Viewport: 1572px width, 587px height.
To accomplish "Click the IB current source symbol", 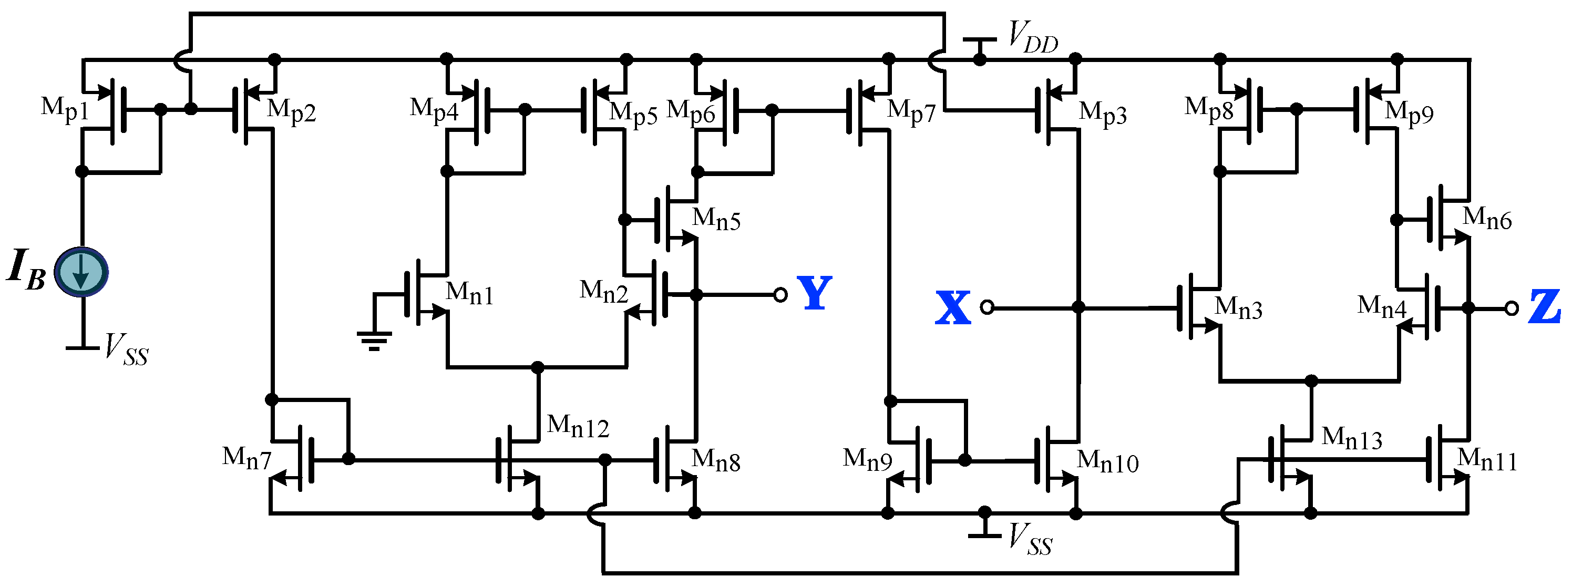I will tap(81, 272).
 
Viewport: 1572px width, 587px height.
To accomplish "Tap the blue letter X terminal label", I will tap(952, 307).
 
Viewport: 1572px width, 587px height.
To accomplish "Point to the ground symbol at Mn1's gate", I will tap(374, 340).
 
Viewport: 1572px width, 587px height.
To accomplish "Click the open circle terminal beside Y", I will tap(780, 295).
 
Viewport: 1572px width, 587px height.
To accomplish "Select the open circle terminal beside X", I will tap(987, 307).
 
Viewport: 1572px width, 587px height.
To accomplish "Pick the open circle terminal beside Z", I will tap(1511, 309).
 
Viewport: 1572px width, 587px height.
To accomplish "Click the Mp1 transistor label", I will tap(65, 109).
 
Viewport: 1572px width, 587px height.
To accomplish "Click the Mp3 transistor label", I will tap(1102, 114).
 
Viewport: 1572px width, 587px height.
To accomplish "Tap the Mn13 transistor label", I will tap(1351, 438).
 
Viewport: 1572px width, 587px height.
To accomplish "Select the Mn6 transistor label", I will tap(1487, 219).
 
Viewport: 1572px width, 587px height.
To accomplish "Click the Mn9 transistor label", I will tap(867, 459).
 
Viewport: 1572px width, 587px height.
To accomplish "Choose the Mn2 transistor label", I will tap(603, 292).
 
